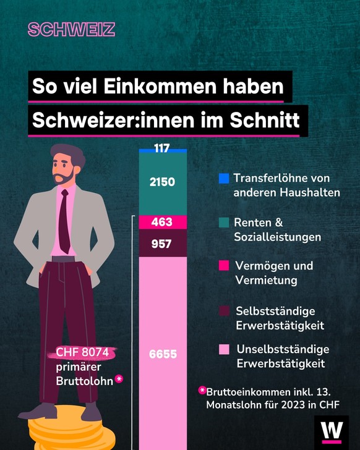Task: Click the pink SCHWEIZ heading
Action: (x=71, y=30)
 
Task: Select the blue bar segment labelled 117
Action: (x=162, y=150)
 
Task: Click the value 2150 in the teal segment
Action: (x=162, y=182)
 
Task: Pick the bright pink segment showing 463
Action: (x=162, y=222)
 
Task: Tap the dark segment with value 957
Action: (x=162, y=244)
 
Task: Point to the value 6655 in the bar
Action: (x=162, y=354)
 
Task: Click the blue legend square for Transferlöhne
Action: (x=224, y=179)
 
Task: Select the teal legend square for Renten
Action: (x=224, y=223)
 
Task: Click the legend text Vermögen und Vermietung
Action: (x=274, y=273)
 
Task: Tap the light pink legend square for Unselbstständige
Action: (x=224, y=350)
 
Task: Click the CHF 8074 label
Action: (x=82, y=353)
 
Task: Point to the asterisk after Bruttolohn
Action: (x=119, y=378)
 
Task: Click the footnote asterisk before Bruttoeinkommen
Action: (x=202, y=391)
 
